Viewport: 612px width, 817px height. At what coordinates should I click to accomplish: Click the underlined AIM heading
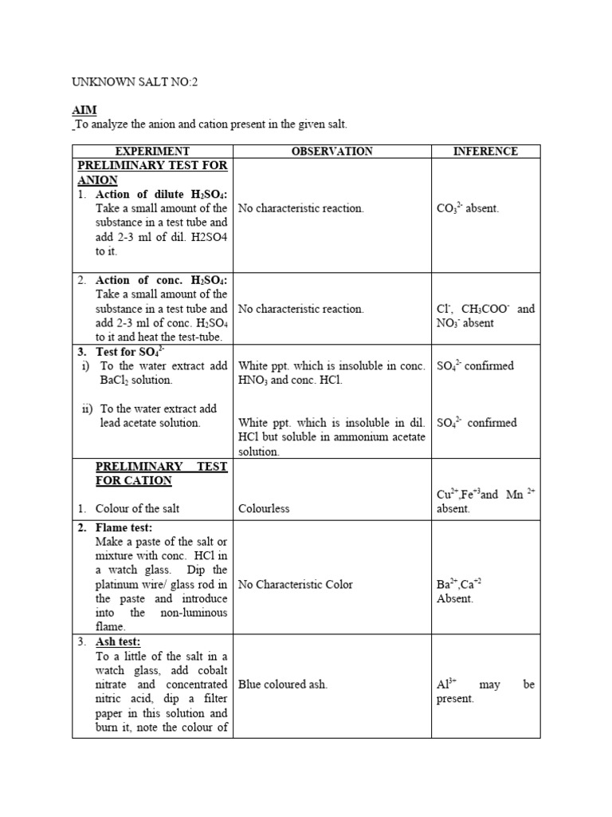(x=84, y=110)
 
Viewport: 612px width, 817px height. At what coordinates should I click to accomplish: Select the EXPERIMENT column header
(x=152, y=151)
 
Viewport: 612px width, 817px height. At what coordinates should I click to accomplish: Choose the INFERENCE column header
(x=485, y=151)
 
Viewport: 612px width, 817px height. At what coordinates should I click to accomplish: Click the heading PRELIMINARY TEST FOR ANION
(x=151, y=172)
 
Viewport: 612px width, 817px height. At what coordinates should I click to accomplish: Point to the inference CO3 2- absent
(x=467, y=208)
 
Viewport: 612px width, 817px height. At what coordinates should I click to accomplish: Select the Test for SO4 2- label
(x=131, y=351)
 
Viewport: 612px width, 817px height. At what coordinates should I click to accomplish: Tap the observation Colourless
(x=264, y=509)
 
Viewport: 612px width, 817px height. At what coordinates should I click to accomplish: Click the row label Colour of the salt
(x=137, y=509)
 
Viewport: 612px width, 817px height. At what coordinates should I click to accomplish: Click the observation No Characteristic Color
(x=295, y=584)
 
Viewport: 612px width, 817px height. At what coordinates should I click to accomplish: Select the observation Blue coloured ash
(x=282, y=685)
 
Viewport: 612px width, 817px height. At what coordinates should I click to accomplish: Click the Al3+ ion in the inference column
(x=446, y=684)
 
